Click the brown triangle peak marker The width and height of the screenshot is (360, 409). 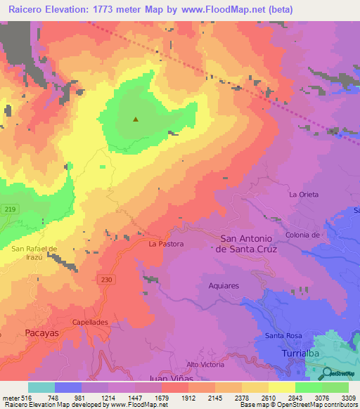click(x=136, y=119)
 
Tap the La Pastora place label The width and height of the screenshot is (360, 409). click(x=166, y=245)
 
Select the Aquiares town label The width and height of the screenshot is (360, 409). click(x=224, y=285)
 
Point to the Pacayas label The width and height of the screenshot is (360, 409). click(x=41, y=331)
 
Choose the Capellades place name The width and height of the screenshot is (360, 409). click(x=89, y=323)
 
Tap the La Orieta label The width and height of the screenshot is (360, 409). click(x=304, y=194)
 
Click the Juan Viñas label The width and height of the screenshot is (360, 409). click(x=169, y=378)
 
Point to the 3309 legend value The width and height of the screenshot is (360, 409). click(x=348, y=398)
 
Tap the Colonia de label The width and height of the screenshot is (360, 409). click(x=303, y=235)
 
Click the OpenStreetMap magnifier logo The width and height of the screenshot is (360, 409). click(x=328, y=373)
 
